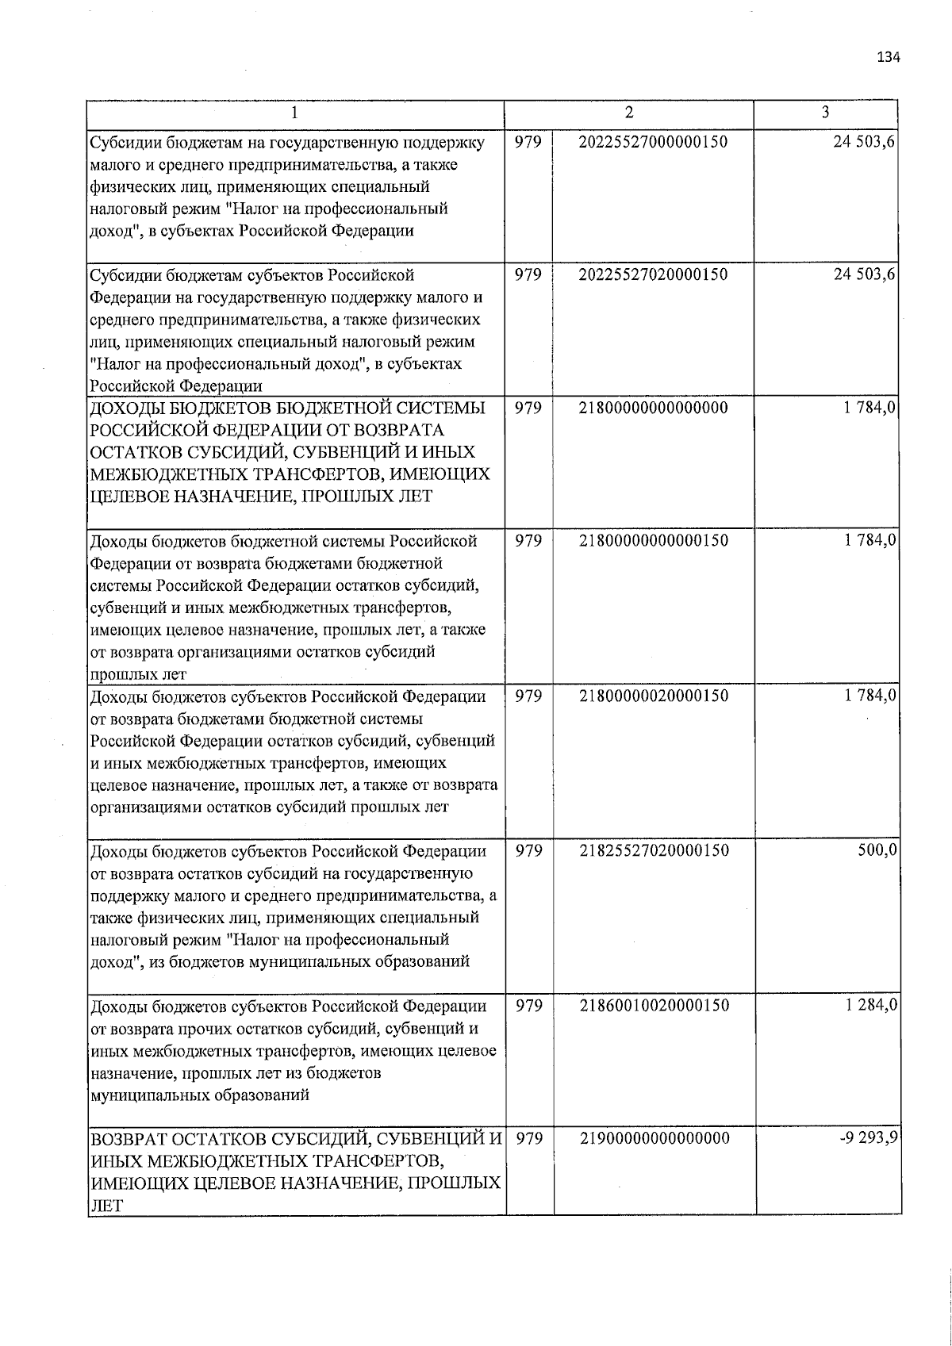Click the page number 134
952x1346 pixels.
pos(889,57)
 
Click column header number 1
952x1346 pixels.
pos(294,113)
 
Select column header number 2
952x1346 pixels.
pos(628,113)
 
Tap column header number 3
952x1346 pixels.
pos(825,113)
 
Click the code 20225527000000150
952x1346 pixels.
pos(653,142)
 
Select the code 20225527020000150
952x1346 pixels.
pos(653,274)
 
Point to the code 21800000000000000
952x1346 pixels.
pos(653,408)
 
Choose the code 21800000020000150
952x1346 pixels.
pos(653,696)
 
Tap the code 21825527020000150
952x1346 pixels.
pos(653,850)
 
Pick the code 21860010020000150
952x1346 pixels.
pos(653,1005)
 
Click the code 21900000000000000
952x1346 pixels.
pos(653,1138)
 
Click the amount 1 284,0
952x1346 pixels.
pos(870,1005)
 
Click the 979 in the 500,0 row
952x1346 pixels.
pos(529,850)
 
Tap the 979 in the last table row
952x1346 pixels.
pos(529,1138)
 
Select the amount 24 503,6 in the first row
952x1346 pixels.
pos(865,142)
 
